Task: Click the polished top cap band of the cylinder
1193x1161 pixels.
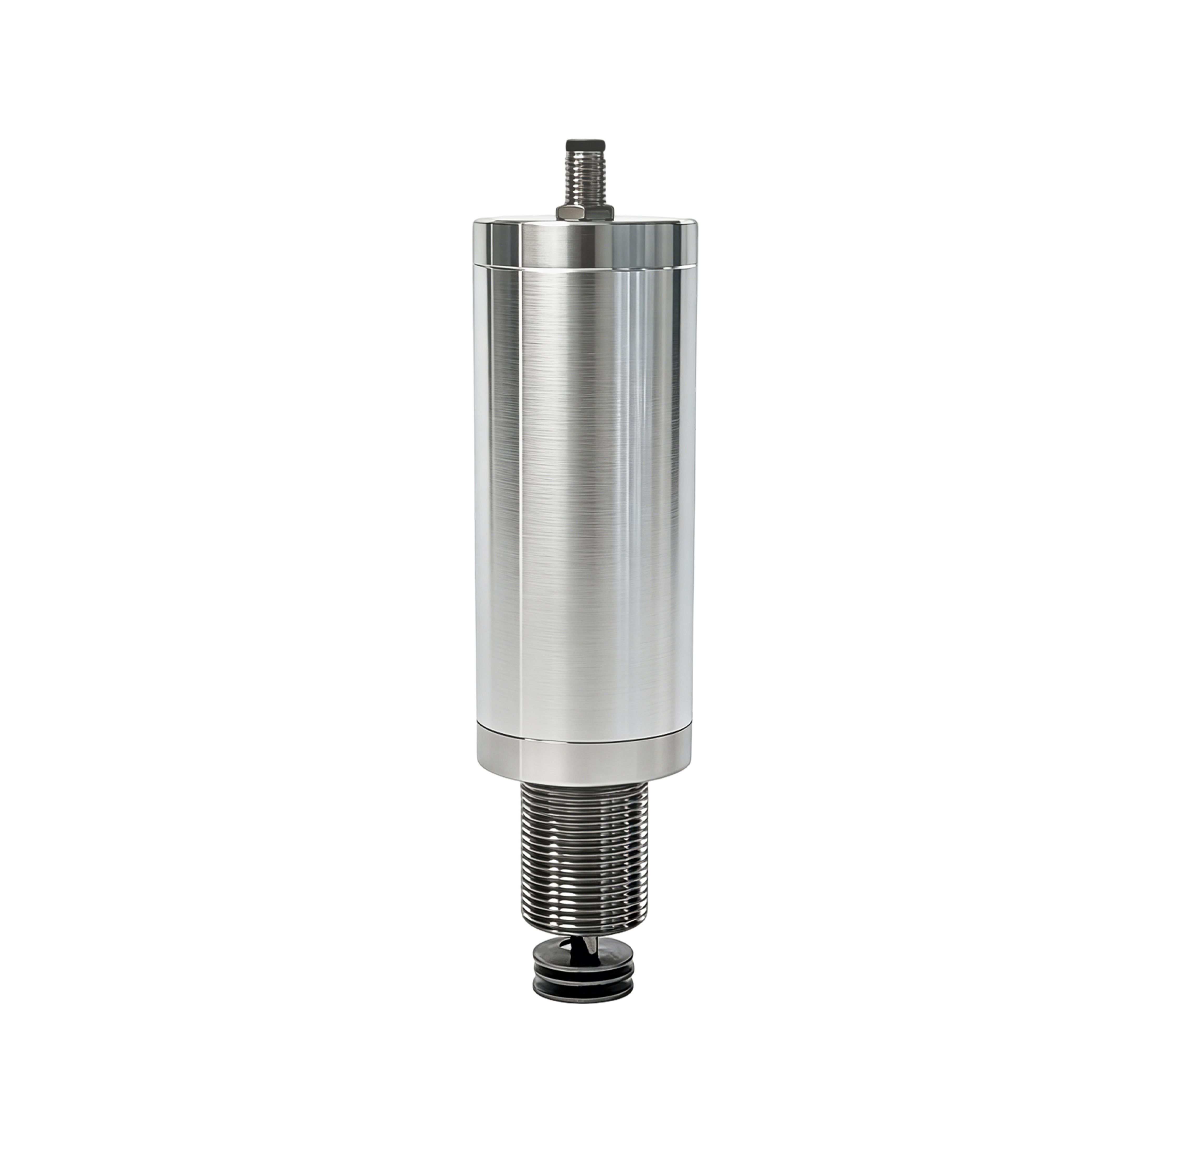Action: [x=585, y=247]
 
